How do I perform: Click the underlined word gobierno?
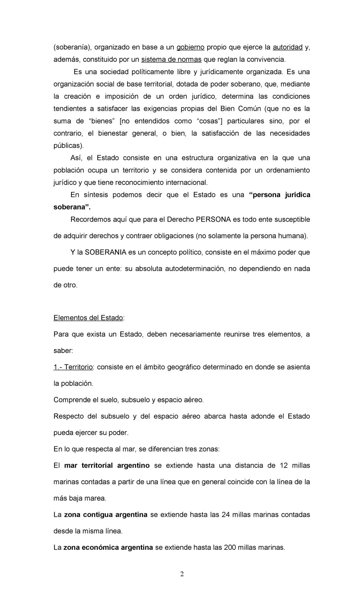[x=190, y=47]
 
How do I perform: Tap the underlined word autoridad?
[x=287, y=47]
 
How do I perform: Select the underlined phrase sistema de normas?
[x=171, y=60]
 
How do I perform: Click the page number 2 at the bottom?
[x=182, y=574]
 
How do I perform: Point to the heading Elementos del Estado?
[x=88, y=318]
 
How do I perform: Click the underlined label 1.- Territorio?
[x=73, y=367]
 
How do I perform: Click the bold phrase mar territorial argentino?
[x=107, y=466]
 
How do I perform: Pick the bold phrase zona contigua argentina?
[x=105, y=515]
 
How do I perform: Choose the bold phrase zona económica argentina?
[x=108, y=547]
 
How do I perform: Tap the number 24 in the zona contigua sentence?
[x=225, y=515]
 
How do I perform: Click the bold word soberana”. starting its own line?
[x=72, y=207]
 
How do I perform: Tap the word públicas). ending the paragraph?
[x=68, y=146]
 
